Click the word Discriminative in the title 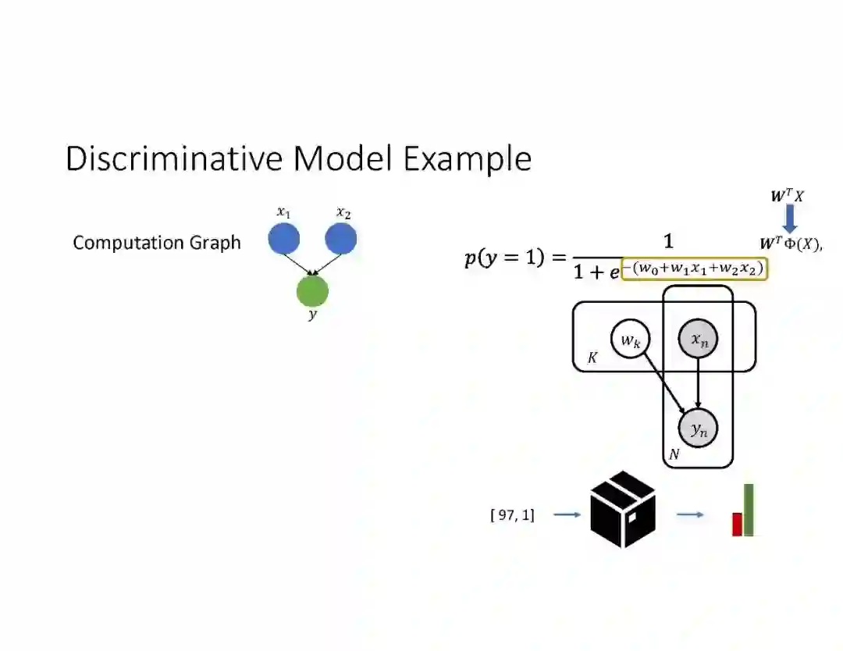pos(176,158)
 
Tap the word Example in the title pos(467,159)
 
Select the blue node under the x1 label pos(284,239)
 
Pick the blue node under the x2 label pos(340,239)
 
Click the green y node pos(312,291)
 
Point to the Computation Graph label pos(157,243)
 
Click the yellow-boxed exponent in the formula pos(694,269)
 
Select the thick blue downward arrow pos(789,217)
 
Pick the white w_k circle pos(631,340)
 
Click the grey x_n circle pos(698,340)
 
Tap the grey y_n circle pos(698,428)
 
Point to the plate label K pos(592,358)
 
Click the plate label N pos(674,454)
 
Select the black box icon pos(623,510)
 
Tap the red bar pos(736,524)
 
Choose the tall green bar pos(749,510)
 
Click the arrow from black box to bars pos(689,514)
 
